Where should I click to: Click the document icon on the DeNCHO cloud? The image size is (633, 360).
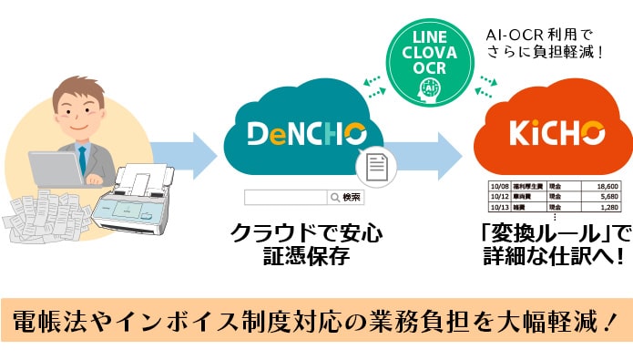pos(374,166)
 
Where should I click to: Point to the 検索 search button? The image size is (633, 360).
pos(351,197)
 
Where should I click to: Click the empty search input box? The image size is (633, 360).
pos(285,197)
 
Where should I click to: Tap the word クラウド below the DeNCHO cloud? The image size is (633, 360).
pos(264,233)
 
